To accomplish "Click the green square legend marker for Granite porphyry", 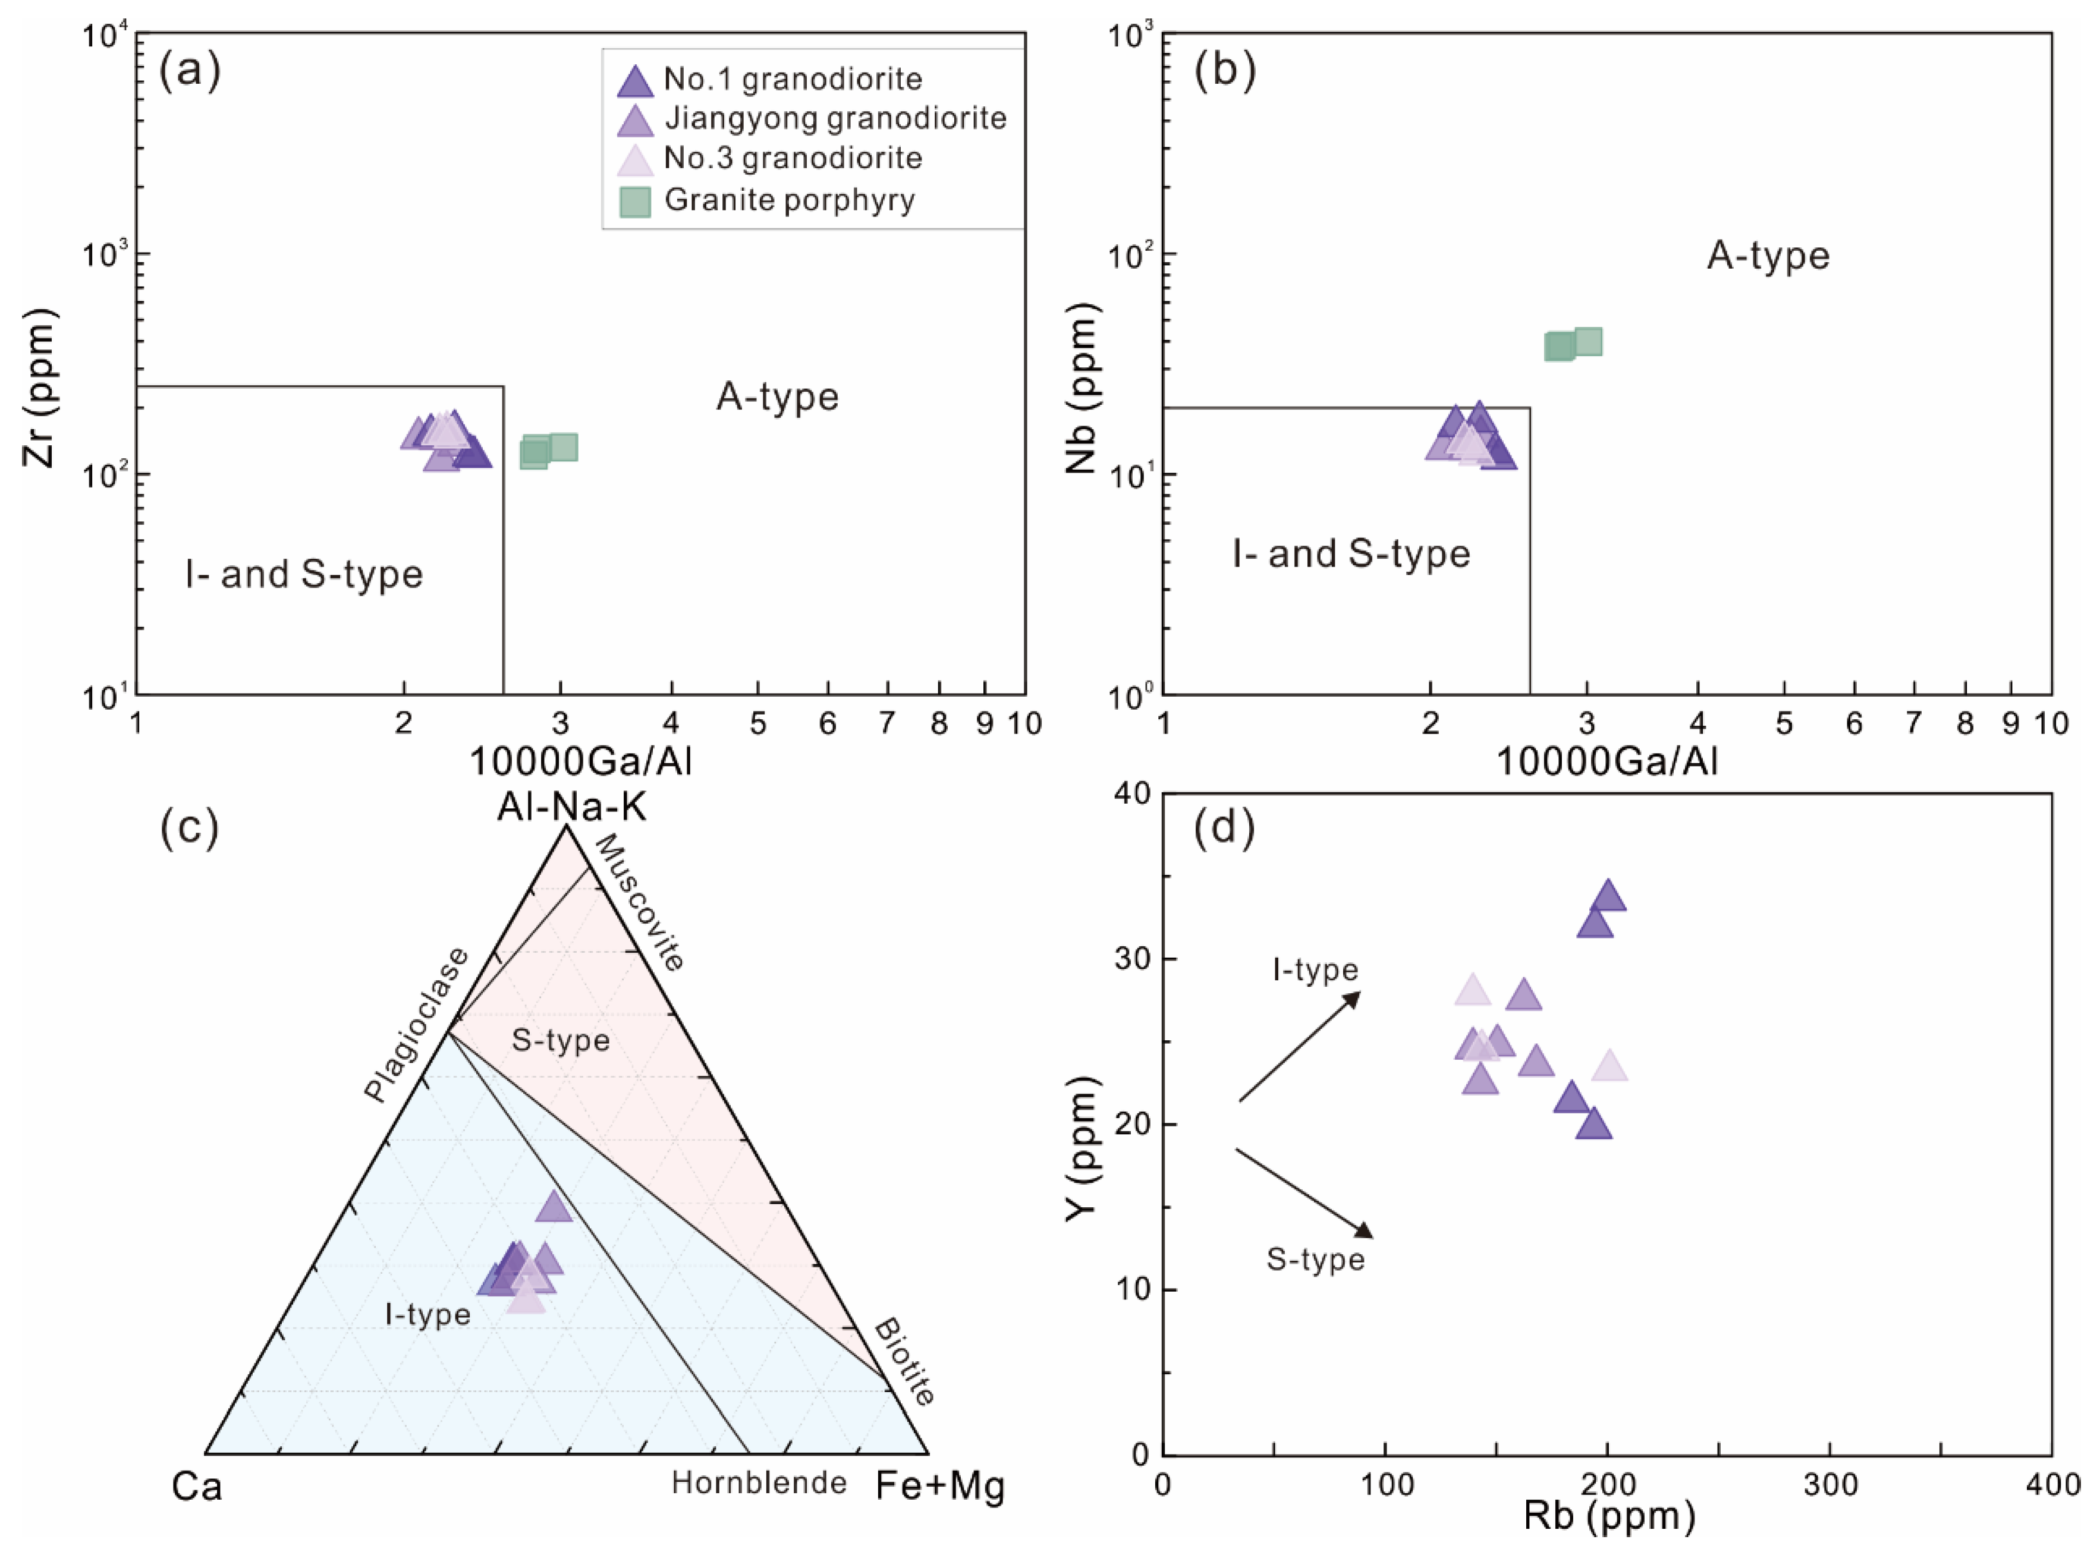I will pyautogui.click(x=635, y=200).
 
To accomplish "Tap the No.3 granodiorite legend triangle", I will pyautogui.click(x=635, y=160).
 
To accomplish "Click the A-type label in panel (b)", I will pyautogui.click(x=1768, y=256).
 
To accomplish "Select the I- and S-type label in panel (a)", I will pyautogui.click(x=303, y=574).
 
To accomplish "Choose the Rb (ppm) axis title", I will pyautogui.click(x=1608, y=1516).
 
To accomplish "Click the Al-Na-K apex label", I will pyautogui.click(x=571, y=806).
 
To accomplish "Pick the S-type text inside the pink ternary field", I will pyautogui.click(x=561, y=1040).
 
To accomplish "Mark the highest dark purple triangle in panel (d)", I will pyautogui.click(x=1609, y=896).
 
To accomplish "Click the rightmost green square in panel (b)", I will pyautogui.click(x=1587, y=342).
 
